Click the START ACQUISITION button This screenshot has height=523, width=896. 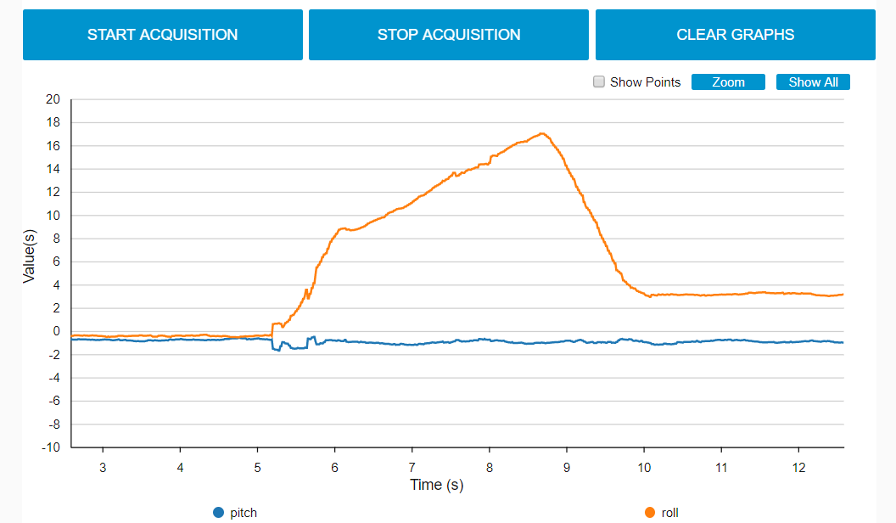click(162, 35)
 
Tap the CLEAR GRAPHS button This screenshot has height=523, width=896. click(735, 35)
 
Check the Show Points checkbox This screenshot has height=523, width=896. click(599, 82)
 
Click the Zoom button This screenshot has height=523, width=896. click(728, 82)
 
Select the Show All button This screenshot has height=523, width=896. click(813, 82)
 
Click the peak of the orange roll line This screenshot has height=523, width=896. click(541, 133)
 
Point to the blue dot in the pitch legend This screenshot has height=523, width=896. click(218, 513)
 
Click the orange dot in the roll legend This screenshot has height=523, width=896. click(650, 513)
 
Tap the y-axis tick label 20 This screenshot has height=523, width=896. click(53, 99)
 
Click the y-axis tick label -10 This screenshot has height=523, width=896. click(52, 447)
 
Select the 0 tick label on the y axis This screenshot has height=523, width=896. click(57, 331)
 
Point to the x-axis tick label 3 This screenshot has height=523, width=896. click(103, 467)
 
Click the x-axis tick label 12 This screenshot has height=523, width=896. click(798, 467)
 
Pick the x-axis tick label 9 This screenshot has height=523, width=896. click(566, 467)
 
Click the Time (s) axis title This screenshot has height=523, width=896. click(437, 485)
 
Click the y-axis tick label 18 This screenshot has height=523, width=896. click(53, 122)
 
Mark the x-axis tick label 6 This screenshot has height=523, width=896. click(334, 467)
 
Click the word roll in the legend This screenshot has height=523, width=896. click(670, 513)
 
